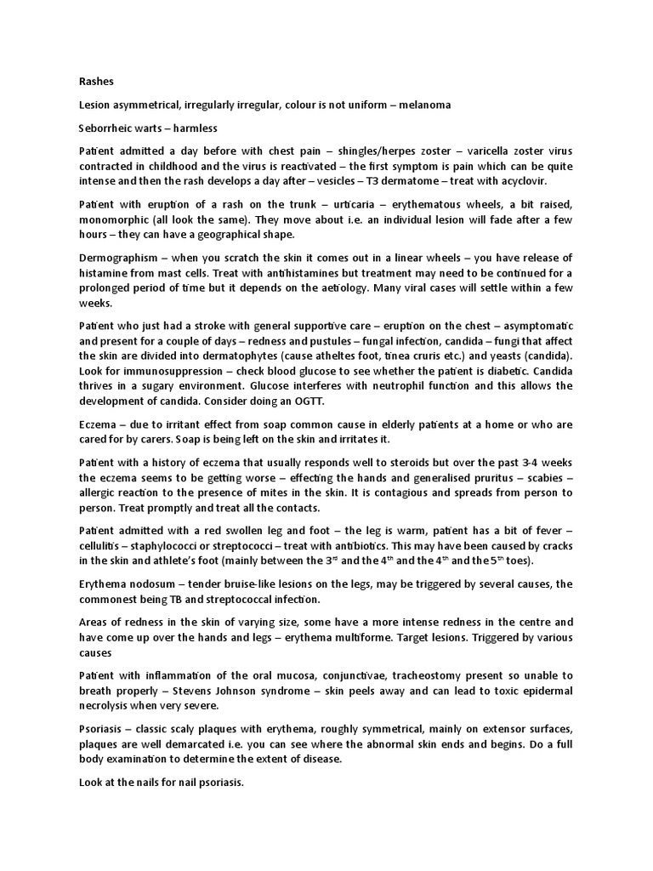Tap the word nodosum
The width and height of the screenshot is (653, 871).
click(x=145, y=584)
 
